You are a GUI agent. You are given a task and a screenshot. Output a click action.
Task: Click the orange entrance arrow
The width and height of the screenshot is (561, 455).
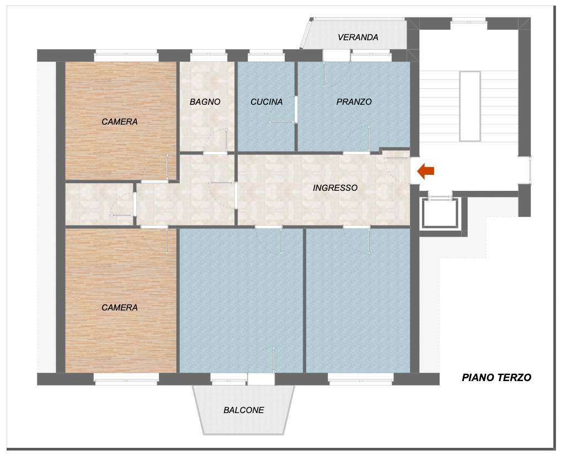click(426, 171)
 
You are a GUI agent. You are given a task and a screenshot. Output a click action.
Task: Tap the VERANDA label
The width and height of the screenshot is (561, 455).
click(358, 37)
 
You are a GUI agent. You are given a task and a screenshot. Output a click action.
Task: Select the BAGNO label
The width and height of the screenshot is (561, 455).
click(205, 102)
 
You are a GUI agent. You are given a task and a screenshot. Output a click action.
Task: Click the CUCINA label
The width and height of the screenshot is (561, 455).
click(266, 102)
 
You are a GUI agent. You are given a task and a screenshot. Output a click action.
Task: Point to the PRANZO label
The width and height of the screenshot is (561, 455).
click(354, 102)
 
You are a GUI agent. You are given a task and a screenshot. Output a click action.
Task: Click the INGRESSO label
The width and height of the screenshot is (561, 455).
click(335, 188)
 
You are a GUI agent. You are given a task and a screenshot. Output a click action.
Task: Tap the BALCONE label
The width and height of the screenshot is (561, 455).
click(244, 410)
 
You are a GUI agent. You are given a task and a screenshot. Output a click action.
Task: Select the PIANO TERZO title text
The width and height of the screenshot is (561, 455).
click(496, 377)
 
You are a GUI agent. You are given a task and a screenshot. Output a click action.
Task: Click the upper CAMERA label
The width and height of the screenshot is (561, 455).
click(120, 122)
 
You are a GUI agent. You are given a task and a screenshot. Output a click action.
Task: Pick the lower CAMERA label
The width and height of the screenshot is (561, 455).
click(120, 307)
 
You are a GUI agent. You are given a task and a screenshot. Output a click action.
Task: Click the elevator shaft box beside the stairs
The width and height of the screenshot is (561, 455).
click(440, 213)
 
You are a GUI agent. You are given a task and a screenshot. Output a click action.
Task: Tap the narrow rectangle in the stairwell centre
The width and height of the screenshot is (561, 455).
click(470, 106)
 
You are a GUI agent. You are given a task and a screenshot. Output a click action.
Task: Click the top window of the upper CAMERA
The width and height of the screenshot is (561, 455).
click(126, 56)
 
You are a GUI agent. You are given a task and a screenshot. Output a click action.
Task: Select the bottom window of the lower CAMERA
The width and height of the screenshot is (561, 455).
click(126, 379)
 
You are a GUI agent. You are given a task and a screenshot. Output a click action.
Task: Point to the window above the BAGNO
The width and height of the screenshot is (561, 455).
click(209, 56)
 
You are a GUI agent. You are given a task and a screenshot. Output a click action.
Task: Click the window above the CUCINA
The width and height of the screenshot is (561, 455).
click(266, 56)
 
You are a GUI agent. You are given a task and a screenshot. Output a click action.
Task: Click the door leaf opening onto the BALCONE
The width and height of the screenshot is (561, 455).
click(274, 361)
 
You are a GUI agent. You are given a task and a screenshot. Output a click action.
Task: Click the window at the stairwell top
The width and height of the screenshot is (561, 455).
click(468, 22)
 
